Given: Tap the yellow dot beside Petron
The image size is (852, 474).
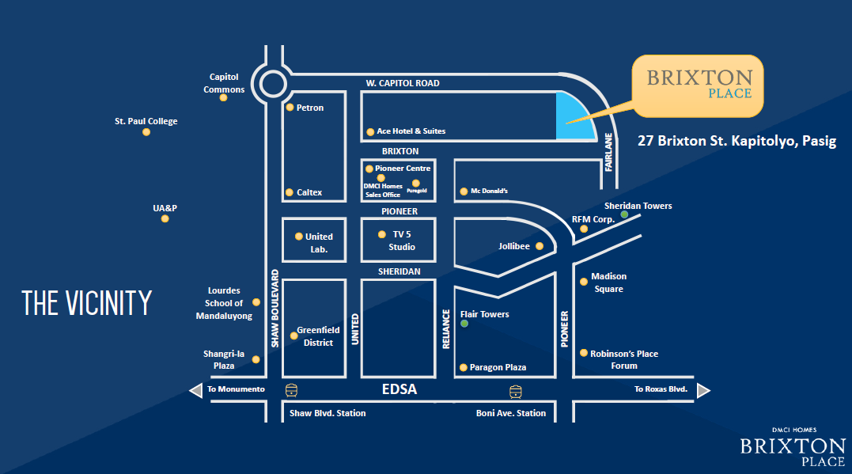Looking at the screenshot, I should click(290, 108).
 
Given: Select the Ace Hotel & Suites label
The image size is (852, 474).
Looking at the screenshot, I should click(411, 131).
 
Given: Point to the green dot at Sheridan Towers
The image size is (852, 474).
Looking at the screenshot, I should click(624, 214).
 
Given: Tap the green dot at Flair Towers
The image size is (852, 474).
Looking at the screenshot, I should click(464, 323).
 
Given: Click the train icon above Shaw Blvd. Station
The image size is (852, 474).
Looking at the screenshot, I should click(292, 390).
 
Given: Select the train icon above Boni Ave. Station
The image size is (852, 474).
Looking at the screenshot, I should click(516, 390).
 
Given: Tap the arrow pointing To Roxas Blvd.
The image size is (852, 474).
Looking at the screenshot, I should click(702, 390).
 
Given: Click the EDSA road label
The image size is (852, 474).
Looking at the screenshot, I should click(399, 390).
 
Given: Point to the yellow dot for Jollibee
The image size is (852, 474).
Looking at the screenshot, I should click(540, 246).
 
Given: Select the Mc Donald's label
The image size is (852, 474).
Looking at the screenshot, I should click(489, 191).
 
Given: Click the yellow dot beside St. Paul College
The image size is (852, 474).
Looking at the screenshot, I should click(146, 132).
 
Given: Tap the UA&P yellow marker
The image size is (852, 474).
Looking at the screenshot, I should click(165, 218).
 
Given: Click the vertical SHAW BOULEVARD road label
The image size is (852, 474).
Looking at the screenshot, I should click(275, 309).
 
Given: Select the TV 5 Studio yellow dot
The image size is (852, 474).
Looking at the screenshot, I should click(381, 234).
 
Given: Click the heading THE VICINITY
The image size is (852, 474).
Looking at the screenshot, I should click(86, 303).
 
